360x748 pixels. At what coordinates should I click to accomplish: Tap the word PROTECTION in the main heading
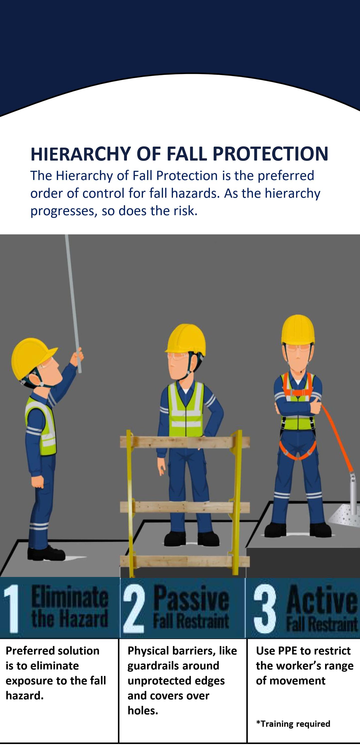tap(270, 154)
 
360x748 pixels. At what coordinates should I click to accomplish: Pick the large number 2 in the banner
tap(134, 609)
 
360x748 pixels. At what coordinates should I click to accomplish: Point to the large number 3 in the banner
tap(265, 609)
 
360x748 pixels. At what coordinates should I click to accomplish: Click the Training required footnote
tap(293, 724)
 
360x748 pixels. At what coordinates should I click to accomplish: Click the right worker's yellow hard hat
tap(298, 330)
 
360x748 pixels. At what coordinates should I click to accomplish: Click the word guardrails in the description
tap(173, 666)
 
